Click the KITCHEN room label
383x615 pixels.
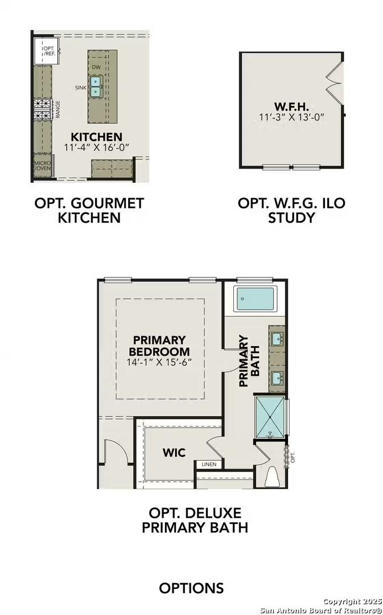point(96,137)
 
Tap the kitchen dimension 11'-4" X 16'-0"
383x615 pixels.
point(96,147)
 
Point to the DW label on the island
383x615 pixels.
point(96,68)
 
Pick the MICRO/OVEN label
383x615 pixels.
point(43,166)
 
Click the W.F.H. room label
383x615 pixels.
point(291,106)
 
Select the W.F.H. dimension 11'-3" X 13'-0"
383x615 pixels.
point(291,117)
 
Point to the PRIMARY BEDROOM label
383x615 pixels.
point(159,346)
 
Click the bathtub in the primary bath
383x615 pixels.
point(256,298)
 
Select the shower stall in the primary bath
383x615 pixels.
point(270,415)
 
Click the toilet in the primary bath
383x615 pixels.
point(271,477)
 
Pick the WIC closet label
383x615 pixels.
point(174,453)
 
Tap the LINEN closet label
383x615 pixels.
point(208,465)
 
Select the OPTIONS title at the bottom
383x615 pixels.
point(191,588)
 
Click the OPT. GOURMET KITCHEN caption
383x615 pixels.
point(89,210)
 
